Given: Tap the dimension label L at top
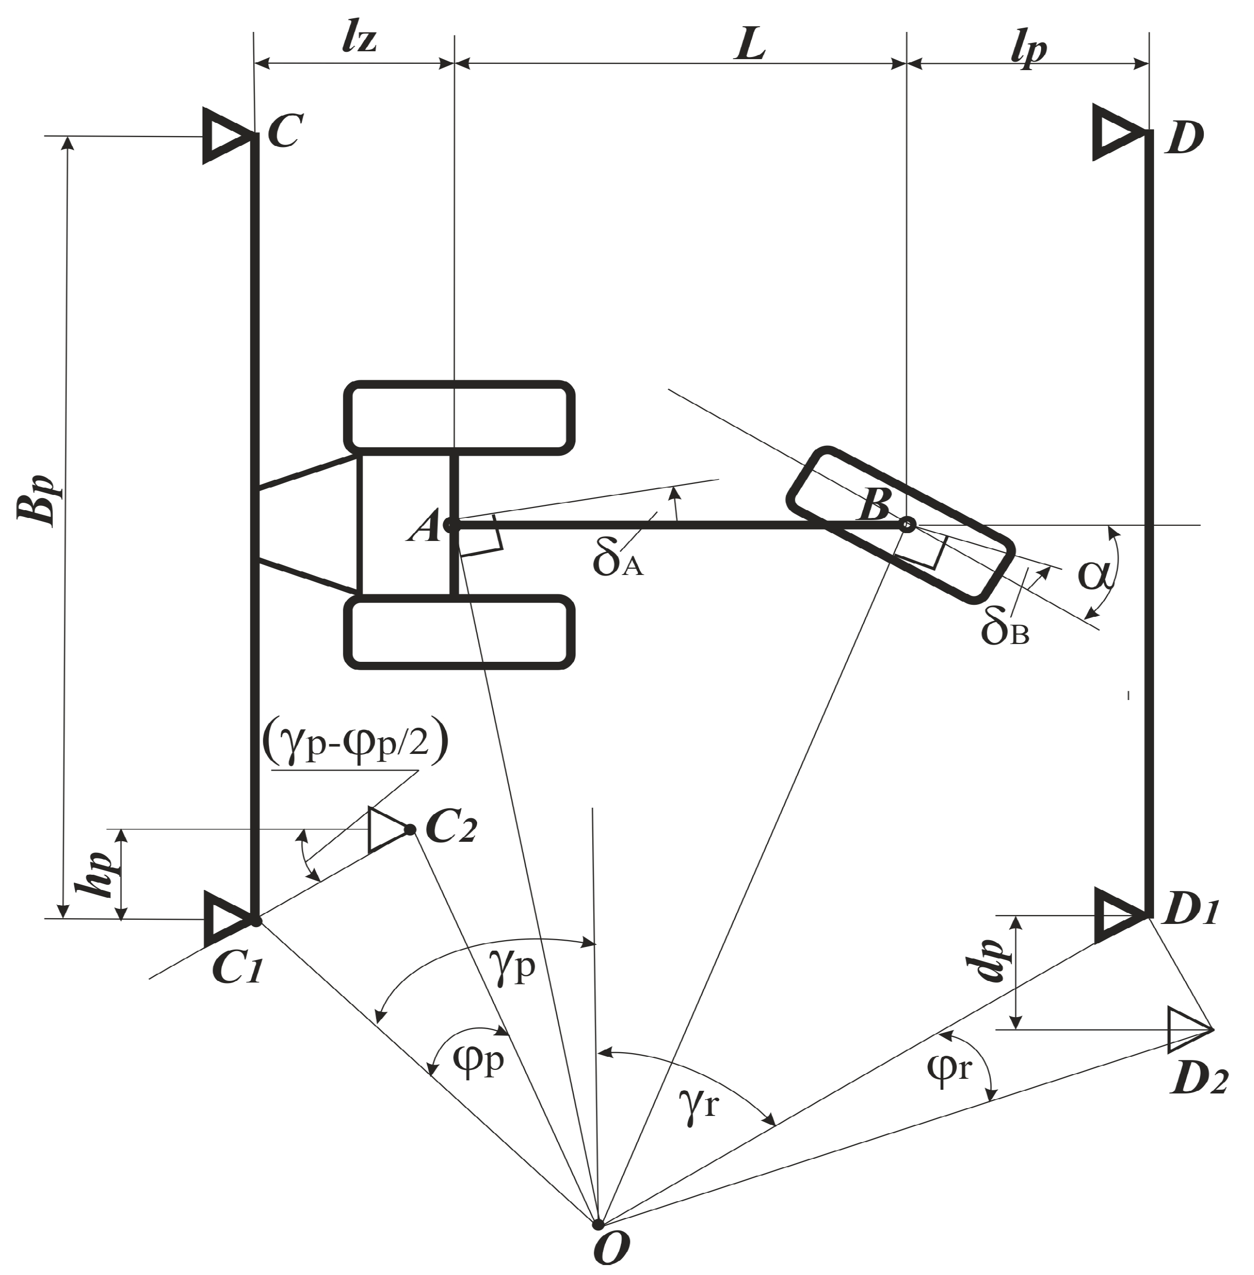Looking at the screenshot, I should pos(751,46).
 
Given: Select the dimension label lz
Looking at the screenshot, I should pos(359,40).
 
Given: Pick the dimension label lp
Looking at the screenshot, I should pos(1028,48).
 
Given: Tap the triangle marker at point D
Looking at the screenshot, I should pos(1117,132).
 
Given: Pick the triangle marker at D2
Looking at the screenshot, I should pos(1187,1029).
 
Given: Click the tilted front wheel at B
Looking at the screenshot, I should pos(900,525).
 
